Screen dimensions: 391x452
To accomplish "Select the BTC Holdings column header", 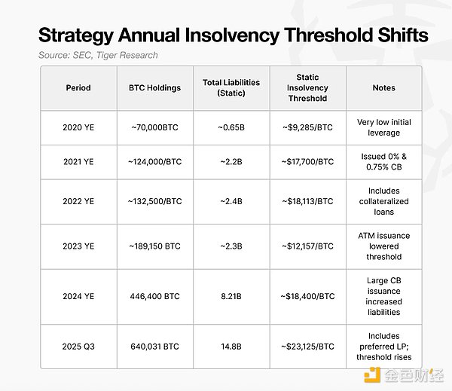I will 154,87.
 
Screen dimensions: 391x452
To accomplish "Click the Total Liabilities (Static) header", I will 232,87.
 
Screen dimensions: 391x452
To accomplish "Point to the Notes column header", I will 383,87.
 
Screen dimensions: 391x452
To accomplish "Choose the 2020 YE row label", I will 77,127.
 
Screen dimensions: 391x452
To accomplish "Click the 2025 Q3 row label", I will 78,346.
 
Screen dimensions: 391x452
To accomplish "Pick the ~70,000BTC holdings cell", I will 154,127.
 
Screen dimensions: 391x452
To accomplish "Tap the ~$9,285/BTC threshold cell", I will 307,127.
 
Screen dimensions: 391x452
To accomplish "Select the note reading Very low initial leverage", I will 383,127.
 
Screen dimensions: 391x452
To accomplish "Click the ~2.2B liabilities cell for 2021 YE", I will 232,161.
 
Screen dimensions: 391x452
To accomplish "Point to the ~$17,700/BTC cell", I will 307,161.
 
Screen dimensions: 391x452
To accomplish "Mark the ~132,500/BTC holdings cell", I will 154,201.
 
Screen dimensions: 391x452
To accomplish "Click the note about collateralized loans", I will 383,201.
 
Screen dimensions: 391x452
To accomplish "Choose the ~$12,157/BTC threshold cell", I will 307,246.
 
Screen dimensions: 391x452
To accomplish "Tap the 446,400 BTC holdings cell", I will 154,296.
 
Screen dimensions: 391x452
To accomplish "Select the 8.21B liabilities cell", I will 232,296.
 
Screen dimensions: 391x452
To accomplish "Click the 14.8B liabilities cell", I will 232,346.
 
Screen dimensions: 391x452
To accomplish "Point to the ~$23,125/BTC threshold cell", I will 307,346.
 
